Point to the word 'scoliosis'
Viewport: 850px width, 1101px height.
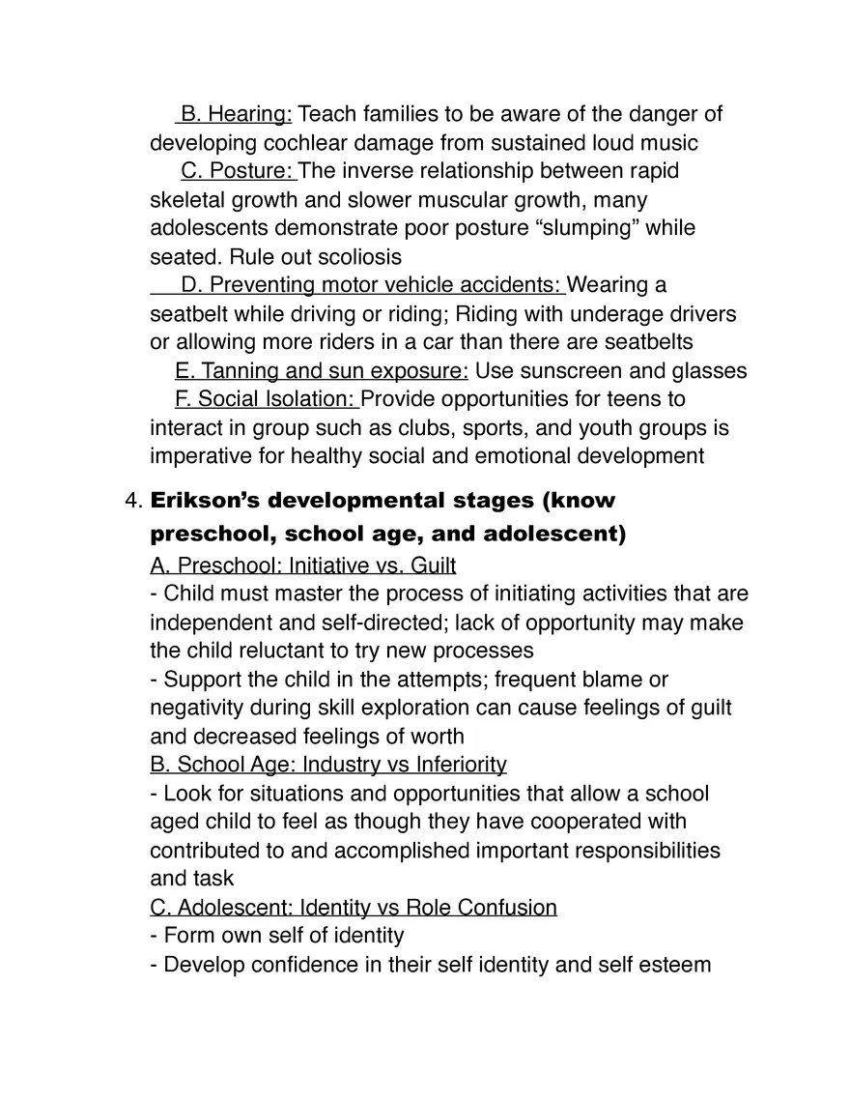(x=353, y=258)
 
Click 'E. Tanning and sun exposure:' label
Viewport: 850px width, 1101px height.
(x=322, y=372)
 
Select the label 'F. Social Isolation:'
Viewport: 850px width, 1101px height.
(x=267, y=400)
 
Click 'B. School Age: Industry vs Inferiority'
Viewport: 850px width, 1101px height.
(x=328, y=766)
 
